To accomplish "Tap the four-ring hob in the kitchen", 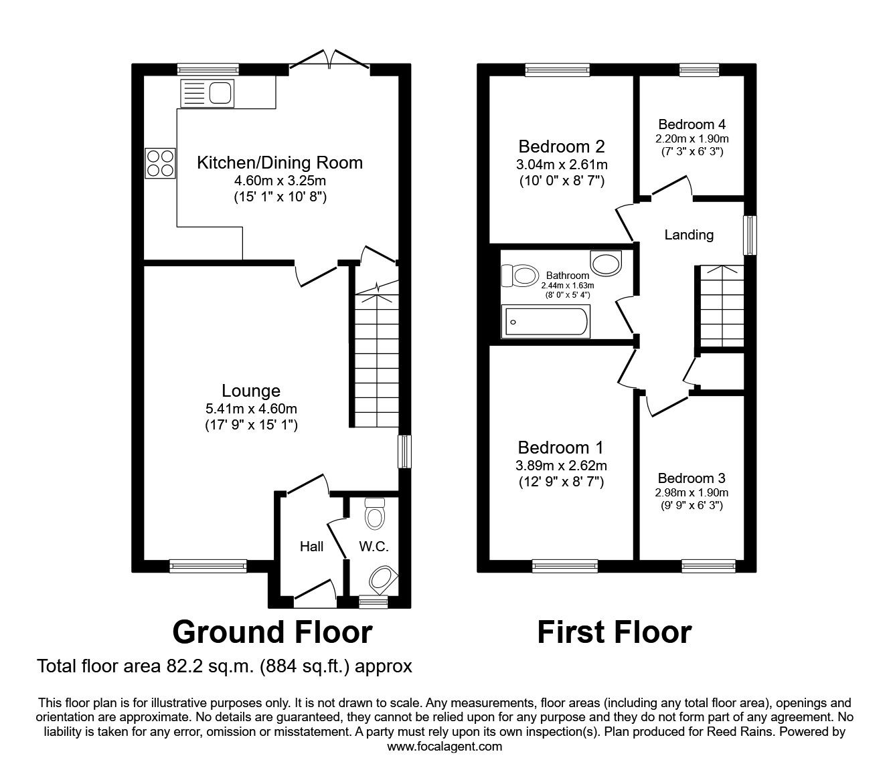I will (x=160, y=163).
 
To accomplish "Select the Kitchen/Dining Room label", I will (x=279, y=163).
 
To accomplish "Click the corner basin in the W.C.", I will (x=383, y=579).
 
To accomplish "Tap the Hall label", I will (x=311, y=547).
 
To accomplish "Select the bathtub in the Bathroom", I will (x=545, y=322).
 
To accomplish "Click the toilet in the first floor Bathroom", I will (x=520, y=275).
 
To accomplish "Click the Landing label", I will (x=689, y=235).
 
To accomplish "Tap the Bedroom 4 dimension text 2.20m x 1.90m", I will (x=692, y=138).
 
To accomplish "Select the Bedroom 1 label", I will (x=561, y=448).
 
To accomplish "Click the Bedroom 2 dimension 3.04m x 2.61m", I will (x=562, y=165).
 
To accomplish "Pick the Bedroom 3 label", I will (x=692, y=478).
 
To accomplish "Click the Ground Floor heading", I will (x=272, y=632).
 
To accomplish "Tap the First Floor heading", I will (x=614, y=632).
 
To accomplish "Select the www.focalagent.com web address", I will (x=444, y=747).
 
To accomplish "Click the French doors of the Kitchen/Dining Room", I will (x=329, y=62).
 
